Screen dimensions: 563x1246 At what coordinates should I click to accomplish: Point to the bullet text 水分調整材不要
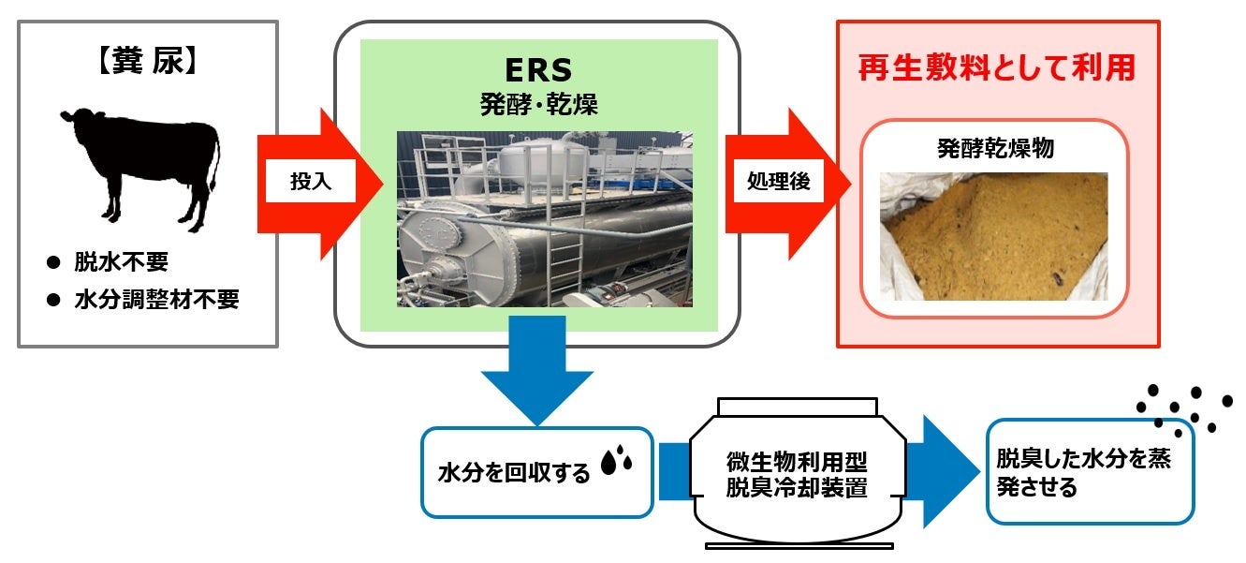tap(156, 300)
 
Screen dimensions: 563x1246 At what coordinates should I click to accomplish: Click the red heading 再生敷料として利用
tap(997, 67)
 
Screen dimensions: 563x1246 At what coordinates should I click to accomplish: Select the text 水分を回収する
tap(515, 473)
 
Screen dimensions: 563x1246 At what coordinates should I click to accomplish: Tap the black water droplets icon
tap(616, 462)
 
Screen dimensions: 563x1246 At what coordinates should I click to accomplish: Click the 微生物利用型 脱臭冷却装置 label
tap(798, 475)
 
